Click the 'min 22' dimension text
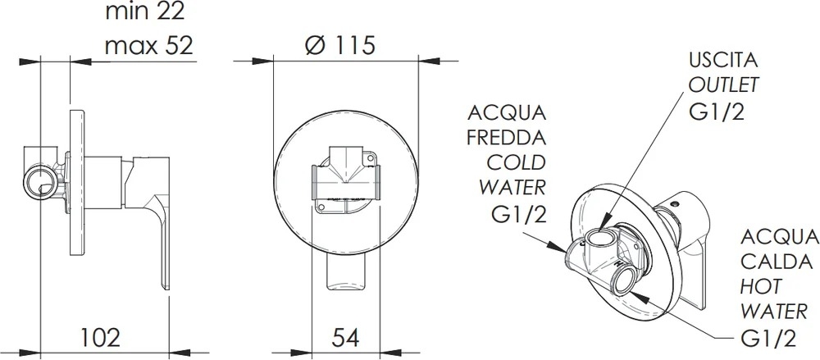[145, 11]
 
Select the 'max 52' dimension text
[149, 46]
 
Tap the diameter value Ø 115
[340, 46]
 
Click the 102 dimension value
[100, 337]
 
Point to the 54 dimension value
[345, 337]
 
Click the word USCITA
[723, 60]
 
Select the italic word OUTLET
[724, 84]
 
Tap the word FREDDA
[506, 138]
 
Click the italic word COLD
[516, 162]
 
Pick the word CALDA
[777, 262]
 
